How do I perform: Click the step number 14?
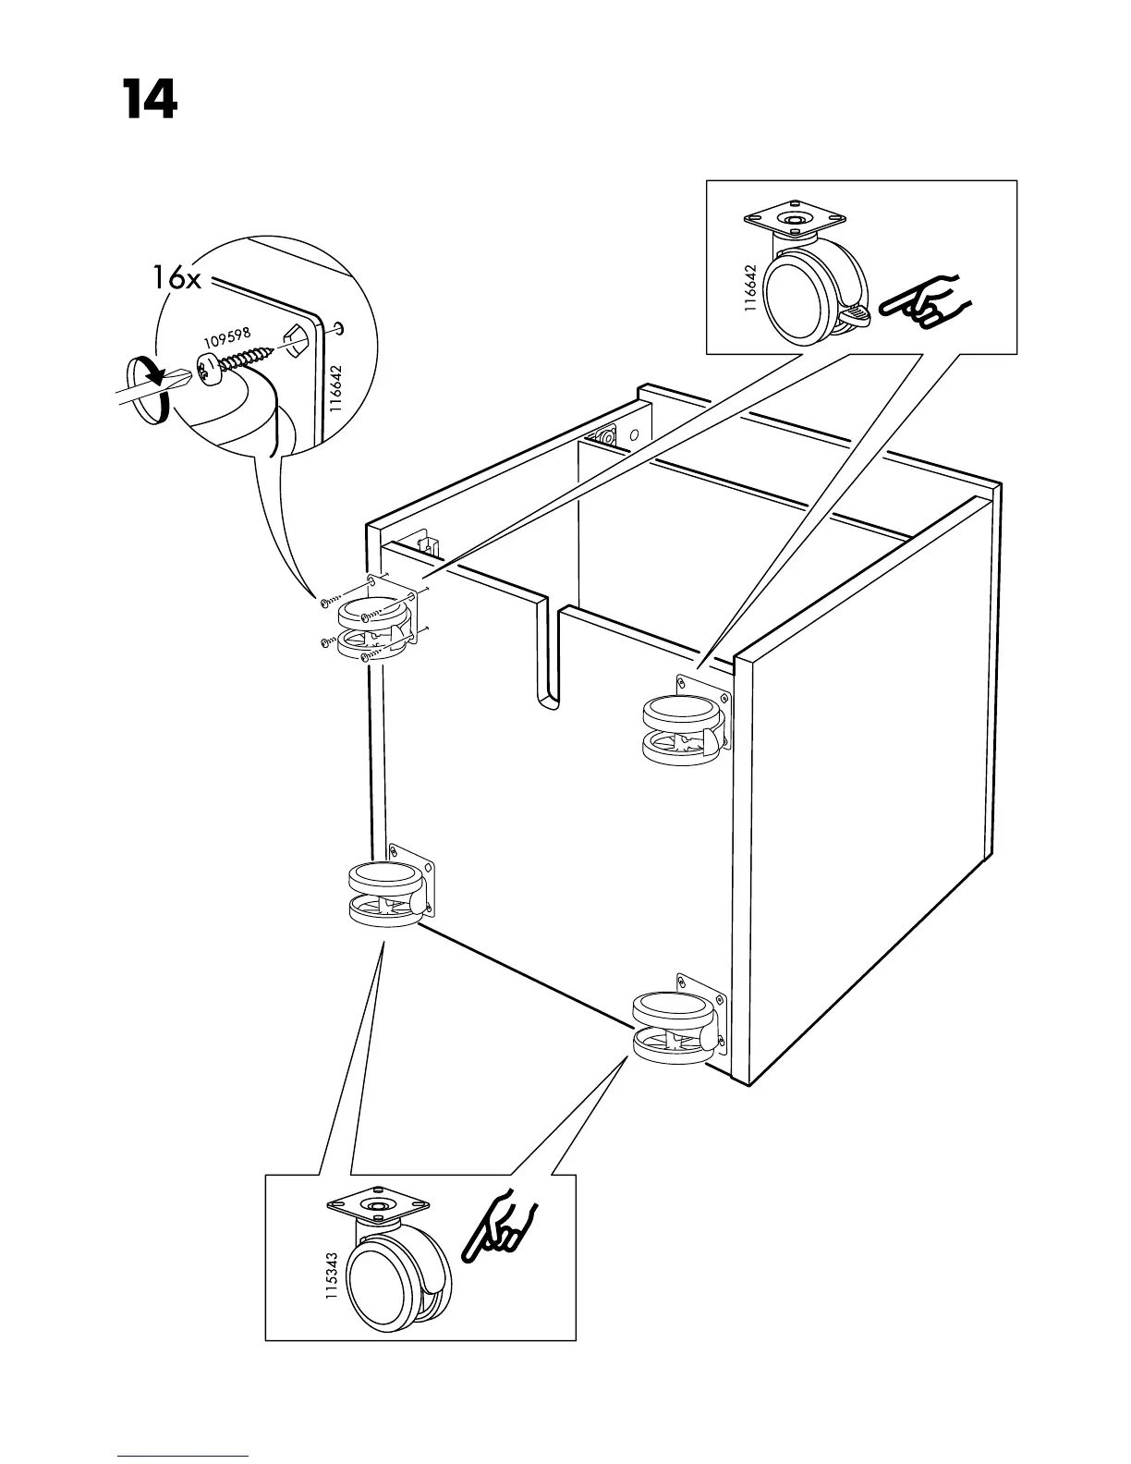[x=148, y=100]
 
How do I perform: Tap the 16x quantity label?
[x=176, y=278]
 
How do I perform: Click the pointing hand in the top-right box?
[x=924, y=301]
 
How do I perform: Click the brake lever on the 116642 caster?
[x=854, y=319]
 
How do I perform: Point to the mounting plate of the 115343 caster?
[x=379, y=1206]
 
